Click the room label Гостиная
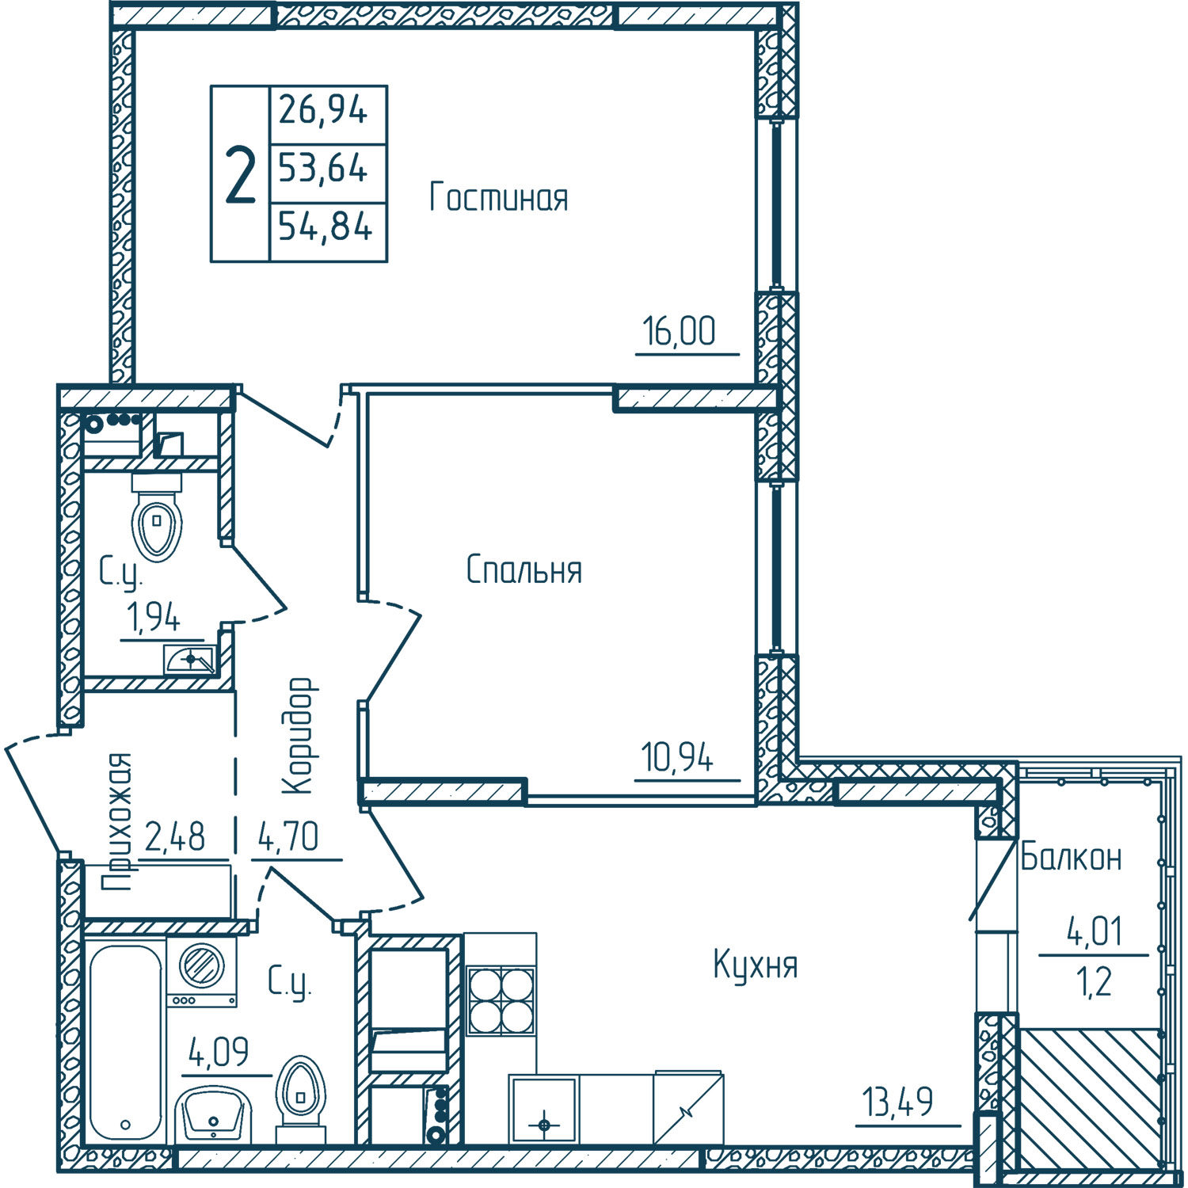[x=499, y=196]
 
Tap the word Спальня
[x=524, y=569]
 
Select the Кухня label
[x=756, y=965]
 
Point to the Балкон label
[x=1071, y=856]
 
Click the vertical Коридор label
[x=300, y=736]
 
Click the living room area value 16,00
[x=679, y=331]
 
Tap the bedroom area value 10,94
[x=678, y=757]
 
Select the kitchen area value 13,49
[x=898, y=1102]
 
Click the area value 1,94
[x=154, y=618]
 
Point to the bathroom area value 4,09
[x=219, y=1052]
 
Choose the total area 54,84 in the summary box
[x=325, y=228]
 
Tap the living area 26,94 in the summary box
[x=323, y=109]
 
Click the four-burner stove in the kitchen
[x=501, y=1000]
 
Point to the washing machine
[x=202, y=973]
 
